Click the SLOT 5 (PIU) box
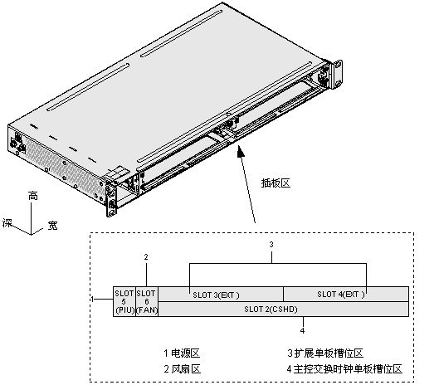[124, 300]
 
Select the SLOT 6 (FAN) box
[146, 300]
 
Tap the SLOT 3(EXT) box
[221, 294]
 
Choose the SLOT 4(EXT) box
[345, 294]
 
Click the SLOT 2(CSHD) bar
[283, 309]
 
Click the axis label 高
[32, 197]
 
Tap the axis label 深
[7, 223]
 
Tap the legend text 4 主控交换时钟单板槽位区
[344, 368]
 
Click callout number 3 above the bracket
[271, 245]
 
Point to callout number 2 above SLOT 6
[146, 257]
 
